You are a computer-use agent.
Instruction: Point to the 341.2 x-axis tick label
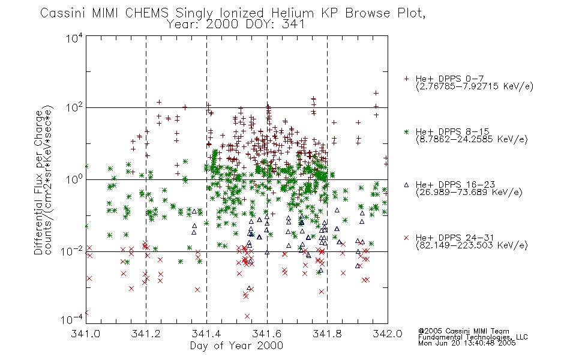146,334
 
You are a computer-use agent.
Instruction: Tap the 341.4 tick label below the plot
206,334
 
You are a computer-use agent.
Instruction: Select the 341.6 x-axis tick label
267,334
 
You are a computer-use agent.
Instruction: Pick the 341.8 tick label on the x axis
327,334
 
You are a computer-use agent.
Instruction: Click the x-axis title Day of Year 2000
236,346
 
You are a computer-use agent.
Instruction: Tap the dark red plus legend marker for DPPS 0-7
407,79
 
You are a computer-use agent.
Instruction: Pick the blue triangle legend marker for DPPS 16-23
407,185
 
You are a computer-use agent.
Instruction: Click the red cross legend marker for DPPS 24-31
407,238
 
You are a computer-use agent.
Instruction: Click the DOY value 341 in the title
293,25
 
